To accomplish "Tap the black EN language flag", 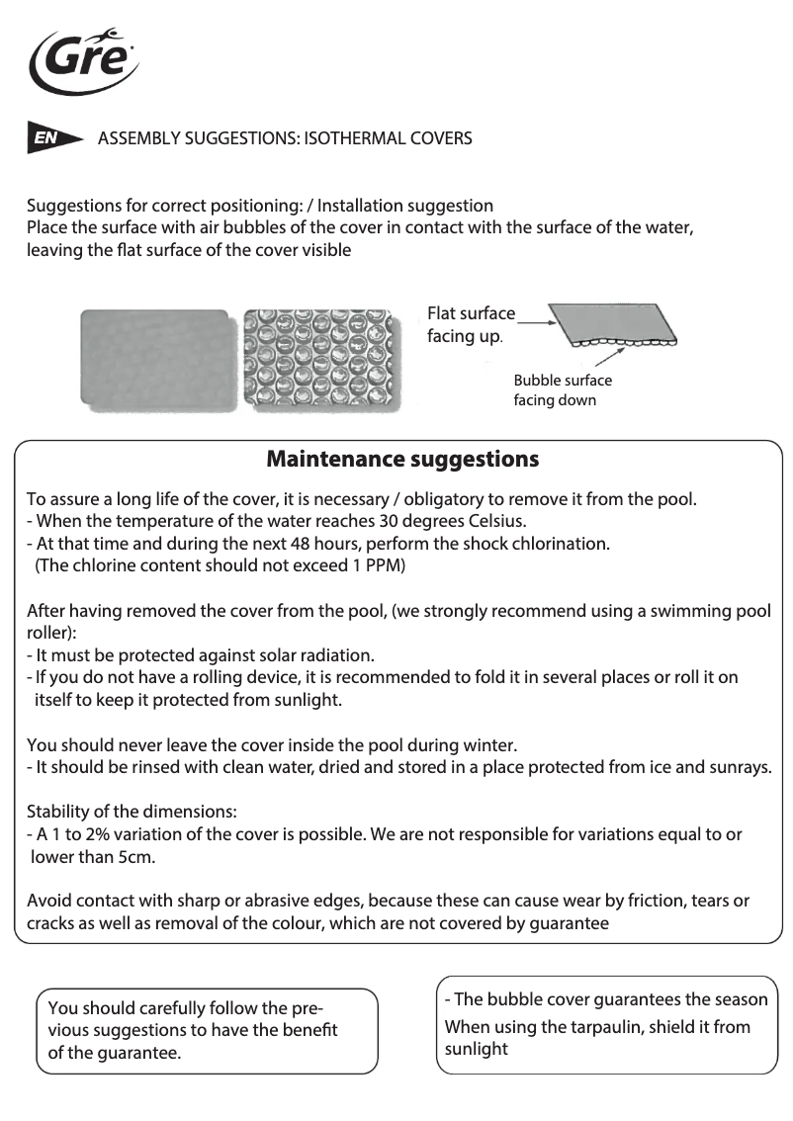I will [51, 139].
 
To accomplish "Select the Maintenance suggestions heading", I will [402, 460].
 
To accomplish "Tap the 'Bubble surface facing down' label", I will [562, 390].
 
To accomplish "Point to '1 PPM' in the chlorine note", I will [380, 565].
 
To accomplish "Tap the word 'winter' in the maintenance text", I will [488, 744].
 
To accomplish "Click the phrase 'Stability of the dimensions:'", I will [131, 812].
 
